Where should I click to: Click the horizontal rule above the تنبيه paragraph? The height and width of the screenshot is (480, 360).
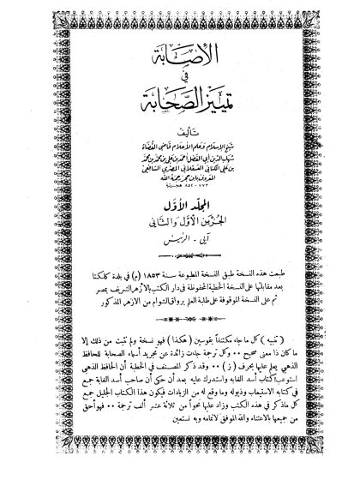(x=179, y=319)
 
